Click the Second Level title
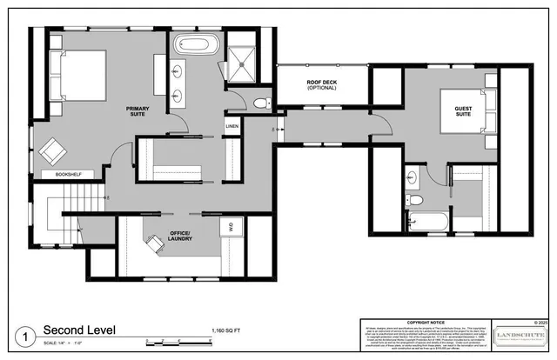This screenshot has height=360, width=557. (80, 330)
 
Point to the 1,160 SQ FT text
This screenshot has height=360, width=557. (228, 331)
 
